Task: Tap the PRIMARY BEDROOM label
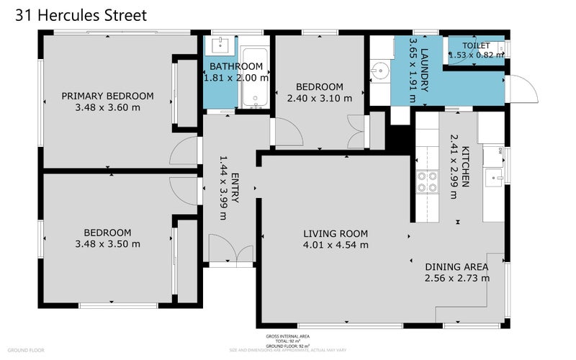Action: (x=107, y=96)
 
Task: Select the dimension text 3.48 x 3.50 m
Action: (x=107, y=244)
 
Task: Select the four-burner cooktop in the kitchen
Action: (x=426, y=182)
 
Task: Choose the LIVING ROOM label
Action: (x=336, y=233)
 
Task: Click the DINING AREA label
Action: (x=456, y=266)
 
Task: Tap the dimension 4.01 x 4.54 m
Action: (x=336, y=245)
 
